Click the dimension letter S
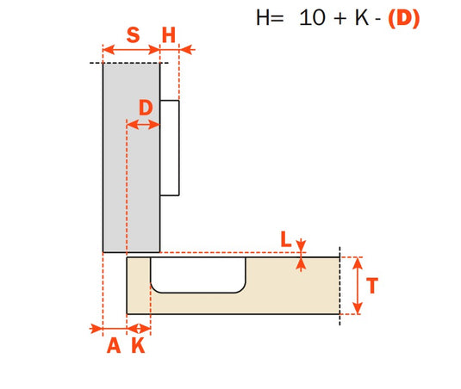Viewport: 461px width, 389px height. [132, 35]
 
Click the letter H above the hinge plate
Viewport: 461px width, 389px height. [169, 35]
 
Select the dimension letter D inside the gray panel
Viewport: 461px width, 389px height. [145, 108]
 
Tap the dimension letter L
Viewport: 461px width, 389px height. [285, 239]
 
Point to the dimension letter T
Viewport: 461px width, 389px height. [372, 286]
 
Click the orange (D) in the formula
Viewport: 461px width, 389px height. [403, 19]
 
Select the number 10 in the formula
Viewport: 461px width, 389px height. [311, 19]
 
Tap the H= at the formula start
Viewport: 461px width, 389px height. [270, 19]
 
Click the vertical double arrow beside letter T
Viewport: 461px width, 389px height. [357, 286]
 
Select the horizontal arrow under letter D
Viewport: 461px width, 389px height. [144, 125]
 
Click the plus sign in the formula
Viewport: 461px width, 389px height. [336, 20]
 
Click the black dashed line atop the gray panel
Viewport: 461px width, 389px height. [129, 63]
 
